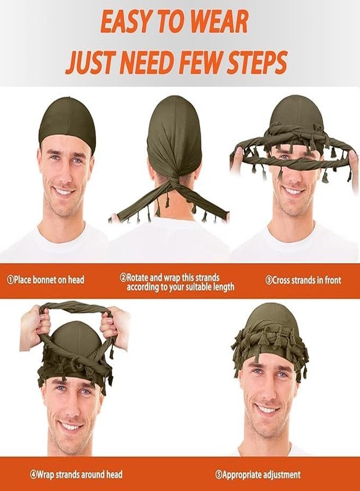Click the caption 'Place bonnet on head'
tap(46, 279)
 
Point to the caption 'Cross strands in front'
tap(303, 280)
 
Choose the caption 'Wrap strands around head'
tap(76, 475)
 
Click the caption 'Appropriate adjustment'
tap(258, 475)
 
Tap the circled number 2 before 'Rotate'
tap(123, 278)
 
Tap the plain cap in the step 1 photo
tap(65, 122)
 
